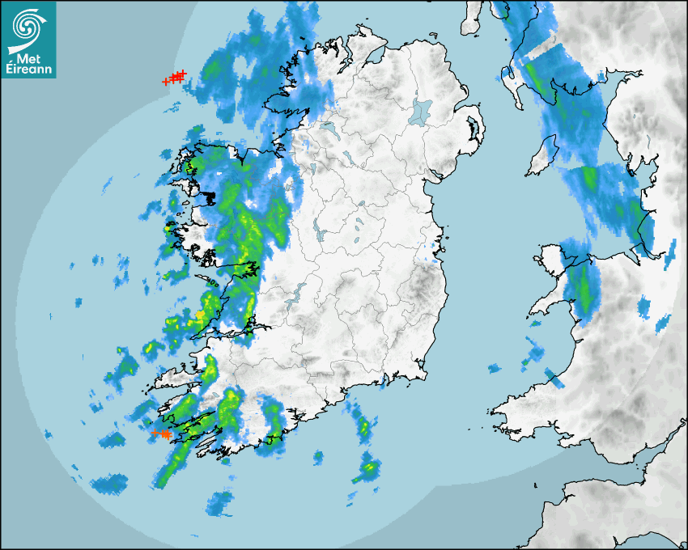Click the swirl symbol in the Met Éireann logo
point(28,23)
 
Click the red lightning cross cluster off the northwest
point(175,77)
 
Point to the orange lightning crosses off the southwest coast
point(161,434)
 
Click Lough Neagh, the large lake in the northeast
point(422,110)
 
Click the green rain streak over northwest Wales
point(583,291)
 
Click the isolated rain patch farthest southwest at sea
point(108,485)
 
